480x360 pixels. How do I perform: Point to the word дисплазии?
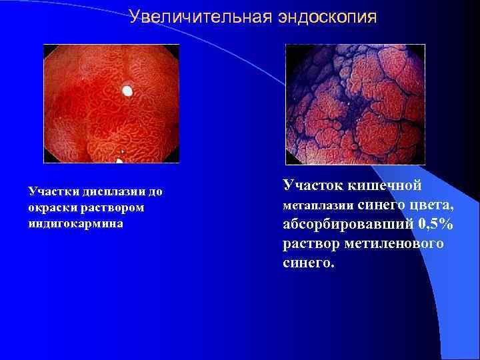[x=110, y=192]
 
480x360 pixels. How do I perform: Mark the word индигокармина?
[x=75, y=224]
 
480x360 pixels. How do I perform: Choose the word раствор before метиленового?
[x=311, y=243]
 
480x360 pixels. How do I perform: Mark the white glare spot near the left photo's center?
[x=127, y=90]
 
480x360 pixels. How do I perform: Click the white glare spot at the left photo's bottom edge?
[x=119, y=161]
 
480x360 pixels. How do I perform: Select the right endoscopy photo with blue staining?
[x=355, y=105]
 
